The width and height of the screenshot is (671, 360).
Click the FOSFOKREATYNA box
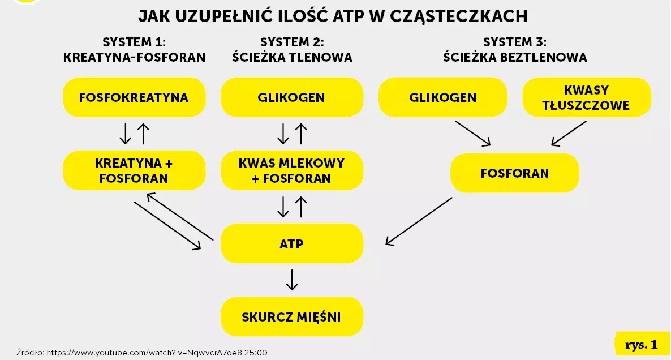coord(134,97)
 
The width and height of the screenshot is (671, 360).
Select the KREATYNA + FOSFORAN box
coord(134,170)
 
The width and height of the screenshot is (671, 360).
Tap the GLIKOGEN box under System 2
coord(291,97)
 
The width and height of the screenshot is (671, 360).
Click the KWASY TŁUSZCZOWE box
coord(586,97)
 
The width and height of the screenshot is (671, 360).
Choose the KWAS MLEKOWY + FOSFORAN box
coord(291,170)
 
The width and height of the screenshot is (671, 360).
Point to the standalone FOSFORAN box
coord(514,173)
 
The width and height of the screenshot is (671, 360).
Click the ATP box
coord(291,244)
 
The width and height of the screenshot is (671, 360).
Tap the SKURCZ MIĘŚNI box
coord(291,316)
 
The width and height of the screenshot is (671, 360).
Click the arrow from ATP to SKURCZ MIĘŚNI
coord(291,280)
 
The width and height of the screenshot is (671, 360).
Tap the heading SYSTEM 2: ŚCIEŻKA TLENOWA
coord(292,50)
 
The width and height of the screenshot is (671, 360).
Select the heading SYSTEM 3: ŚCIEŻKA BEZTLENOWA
coord(515,50)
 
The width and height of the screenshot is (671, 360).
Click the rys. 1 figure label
coord(642,344)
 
